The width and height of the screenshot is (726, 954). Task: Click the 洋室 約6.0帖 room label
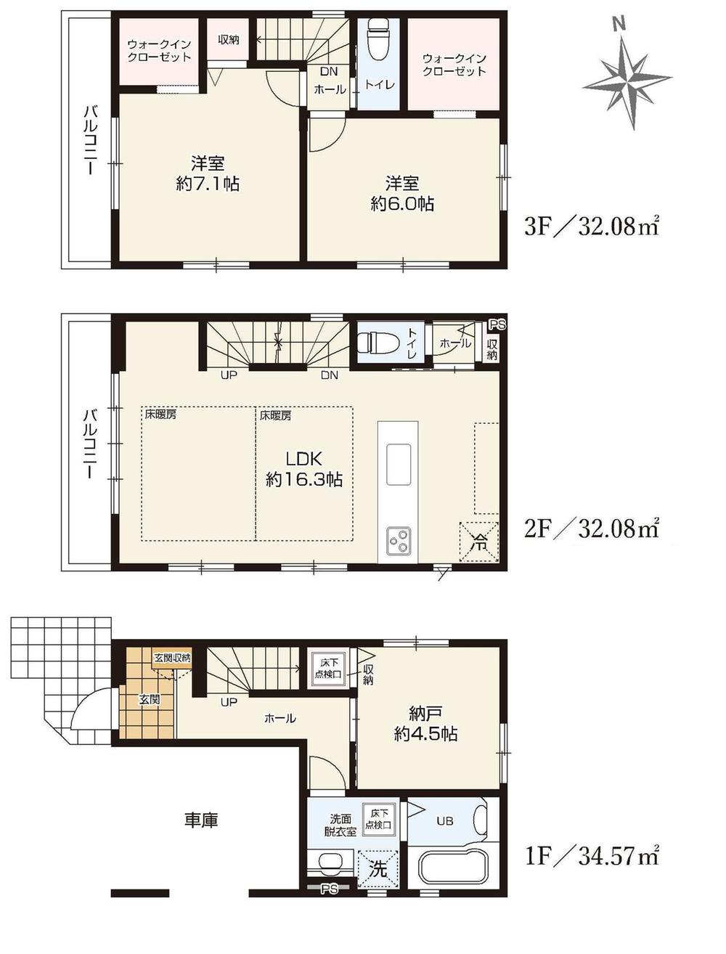(x=402, y=193)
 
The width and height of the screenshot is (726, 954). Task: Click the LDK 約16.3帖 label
(x=303, y=469)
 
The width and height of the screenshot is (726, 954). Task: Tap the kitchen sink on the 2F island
(x=399, y=464)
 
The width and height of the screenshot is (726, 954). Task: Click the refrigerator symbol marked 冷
(x=478, y=542)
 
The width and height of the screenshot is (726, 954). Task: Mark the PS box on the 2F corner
(x=495, y=324)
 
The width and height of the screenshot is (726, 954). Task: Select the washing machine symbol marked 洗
(x=378, y=868)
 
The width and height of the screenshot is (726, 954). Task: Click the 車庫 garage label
(x=200, y=820)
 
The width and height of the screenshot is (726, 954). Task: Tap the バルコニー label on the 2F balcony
(x=89, y=443)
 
